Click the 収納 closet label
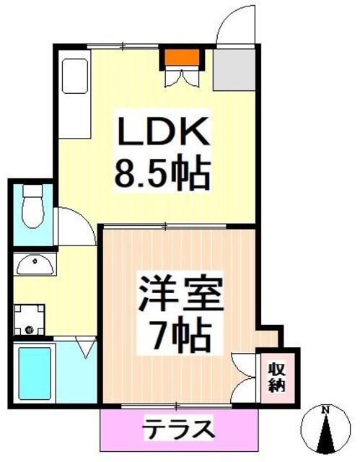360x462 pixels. [x=277, y=375]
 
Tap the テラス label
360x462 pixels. [x=177, y=429]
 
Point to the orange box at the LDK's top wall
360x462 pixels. [x=180, y=56]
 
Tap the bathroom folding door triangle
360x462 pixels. [x=85, y=349]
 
